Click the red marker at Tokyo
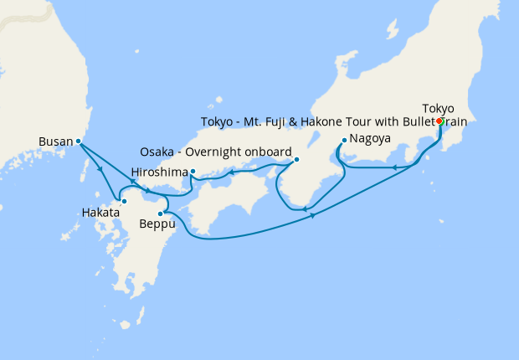(440, 121)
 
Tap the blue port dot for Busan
(78, 141)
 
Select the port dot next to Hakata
(124, 201)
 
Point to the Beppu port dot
(160, 214)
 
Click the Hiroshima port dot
(193, 172)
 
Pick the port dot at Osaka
(296, 160)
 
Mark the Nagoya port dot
(344, 139)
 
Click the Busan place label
(56, 141)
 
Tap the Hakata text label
(101, 213)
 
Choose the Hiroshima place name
(158, 172)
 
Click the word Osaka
(157, 152)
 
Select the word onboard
(268, 152)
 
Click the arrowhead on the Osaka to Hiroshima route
(231, 173)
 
